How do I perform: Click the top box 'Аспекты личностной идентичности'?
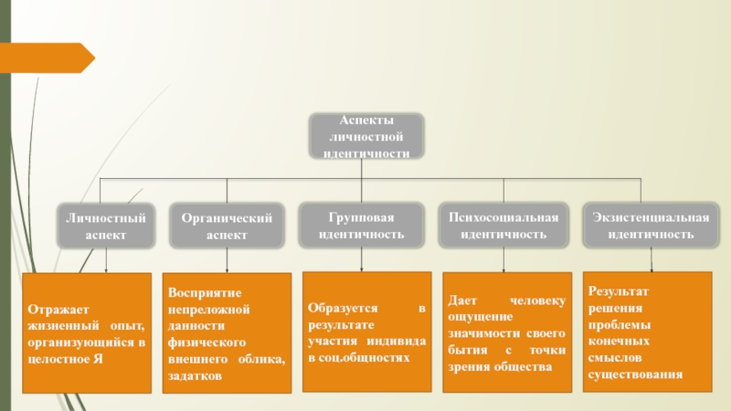coord(366,137)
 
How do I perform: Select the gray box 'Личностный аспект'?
coord(106,226)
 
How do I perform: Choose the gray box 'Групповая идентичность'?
coord(363,225)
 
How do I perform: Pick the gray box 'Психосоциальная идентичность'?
coord(503,225)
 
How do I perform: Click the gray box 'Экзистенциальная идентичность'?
coord(651,225)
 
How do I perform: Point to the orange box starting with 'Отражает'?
coord(87,333)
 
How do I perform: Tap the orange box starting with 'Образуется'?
coord(367,331)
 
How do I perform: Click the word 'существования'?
coord(635,374)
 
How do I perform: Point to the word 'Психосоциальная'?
coord(503,217)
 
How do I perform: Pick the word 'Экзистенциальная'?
coord(651,217)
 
